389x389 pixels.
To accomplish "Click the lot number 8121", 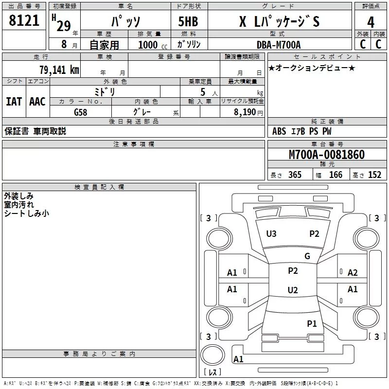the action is point(24,20).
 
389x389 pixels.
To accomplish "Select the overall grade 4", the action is point(371,22).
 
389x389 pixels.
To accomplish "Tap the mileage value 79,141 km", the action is point(59,70).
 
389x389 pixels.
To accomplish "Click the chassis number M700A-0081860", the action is point(327,155).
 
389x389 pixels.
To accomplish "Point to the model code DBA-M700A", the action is point(279,45).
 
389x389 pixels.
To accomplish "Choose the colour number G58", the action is point(81,112).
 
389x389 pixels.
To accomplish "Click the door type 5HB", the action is point(188,21).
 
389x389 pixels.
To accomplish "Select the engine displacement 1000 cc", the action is point(153,45).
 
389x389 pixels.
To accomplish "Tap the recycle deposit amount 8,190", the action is point(245,112).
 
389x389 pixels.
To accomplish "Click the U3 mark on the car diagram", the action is point(271,234).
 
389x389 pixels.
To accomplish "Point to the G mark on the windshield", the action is point(307,256).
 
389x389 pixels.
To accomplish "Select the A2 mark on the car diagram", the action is point(353,273).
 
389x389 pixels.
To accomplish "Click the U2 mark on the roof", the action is point(293,290).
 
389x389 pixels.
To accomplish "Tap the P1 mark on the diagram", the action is point(312,324).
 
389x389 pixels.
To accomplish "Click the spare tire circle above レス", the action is point(212,355).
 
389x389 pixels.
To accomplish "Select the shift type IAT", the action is point(14,102).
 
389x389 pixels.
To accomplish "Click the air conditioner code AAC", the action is point(37,102).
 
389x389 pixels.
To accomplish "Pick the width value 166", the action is point(336,175).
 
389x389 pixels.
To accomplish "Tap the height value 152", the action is point(374,175).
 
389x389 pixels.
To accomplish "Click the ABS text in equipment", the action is point(279,131).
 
